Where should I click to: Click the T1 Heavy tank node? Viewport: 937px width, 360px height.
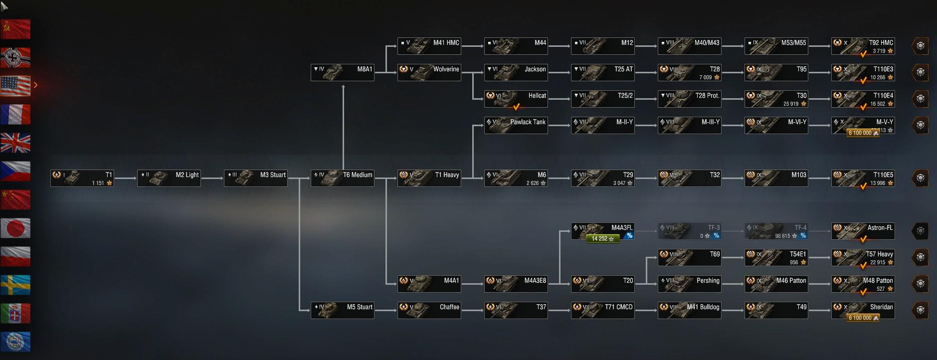(429, 178)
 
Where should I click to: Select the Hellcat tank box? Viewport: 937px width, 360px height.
(516, 99)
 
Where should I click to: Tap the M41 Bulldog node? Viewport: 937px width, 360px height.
(689, 310)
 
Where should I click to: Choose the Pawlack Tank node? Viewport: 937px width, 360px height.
(516, 125)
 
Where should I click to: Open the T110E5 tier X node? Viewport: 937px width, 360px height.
(863, 178)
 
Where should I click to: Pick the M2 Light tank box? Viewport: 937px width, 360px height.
(169, 178)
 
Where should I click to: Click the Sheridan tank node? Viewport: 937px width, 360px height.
(863, 310)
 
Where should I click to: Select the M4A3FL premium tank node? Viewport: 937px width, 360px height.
(602, 231)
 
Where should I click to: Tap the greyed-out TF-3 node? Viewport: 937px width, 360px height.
(689, 231)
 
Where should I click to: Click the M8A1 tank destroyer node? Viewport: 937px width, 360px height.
(342, 72)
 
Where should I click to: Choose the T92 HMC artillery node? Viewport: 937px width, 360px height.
(863, 46)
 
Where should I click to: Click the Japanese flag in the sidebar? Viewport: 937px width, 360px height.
(15, 228)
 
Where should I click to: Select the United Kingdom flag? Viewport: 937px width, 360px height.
(15, 143)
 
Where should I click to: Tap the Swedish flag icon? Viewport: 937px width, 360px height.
(15, 285)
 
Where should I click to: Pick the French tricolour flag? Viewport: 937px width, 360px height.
(15, 114)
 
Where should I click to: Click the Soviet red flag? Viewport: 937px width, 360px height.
(15, 29)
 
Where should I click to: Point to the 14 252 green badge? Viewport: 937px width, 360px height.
(602, 239)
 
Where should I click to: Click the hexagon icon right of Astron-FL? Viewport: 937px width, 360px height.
(920, 231)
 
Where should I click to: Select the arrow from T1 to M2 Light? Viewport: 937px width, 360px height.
(126, 178)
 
